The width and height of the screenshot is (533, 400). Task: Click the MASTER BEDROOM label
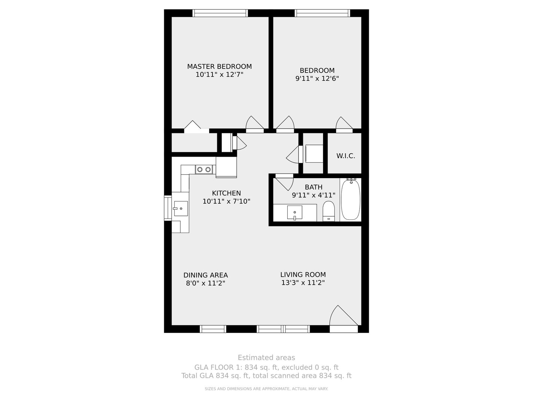point(219,66)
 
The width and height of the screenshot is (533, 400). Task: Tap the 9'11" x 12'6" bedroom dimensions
point(317,79)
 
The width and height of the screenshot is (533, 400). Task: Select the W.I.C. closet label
point(346,156)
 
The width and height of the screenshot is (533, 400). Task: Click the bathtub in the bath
point(351,199)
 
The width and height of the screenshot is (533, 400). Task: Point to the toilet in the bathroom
point(329,211)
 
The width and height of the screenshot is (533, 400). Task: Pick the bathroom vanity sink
point(295,213)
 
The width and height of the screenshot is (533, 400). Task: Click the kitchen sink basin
point(181,209)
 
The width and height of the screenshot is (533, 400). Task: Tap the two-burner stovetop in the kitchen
point(204,169)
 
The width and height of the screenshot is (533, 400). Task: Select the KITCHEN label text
point(226,193)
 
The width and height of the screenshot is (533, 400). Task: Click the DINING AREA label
point(205,275)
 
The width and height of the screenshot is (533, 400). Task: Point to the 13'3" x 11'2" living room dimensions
point(303,283)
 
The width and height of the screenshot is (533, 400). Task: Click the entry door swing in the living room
point(343,315)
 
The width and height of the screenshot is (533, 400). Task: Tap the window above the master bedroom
point(220,13)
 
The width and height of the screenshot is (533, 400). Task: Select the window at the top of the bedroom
point(322,13)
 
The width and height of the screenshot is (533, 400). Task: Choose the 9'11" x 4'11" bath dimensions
point(314,195)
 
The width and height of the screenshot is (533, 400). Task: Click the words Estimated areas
point(266,357)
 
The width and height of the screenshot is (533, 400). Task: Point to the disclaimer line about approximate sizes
point(266,389)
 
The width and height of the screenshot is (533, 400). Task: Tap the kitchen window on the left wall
point(168,208)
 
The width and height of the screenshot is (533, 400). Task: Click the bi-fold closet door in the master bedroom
point(196,127)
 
